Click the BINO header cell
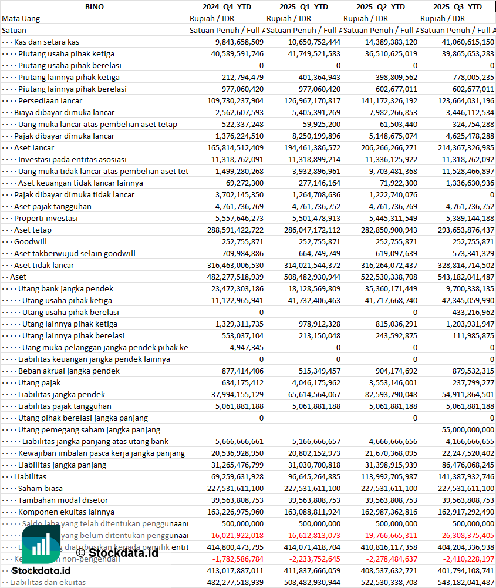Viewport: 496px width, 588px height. [94, 6]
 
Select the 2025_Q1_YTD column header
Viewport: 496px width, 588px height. [303, 6]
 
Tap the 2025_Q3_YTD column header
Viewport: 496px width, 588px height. [457, 6]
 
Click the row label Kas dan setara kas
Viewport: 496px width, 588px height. [46, 42]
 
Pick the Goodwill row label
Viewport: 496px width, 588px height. [31, 241]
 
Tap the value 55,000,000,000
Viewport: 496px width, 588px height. [463, 429]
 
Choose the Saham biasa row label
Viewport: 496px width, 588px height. [40, 488]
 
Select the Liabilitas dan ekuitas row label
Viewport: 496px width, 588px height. [48, 582]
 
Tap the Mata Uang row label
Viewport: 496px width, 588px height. [21, 18]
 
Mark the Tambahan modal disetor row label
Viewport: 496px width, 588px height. [63, 500]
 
